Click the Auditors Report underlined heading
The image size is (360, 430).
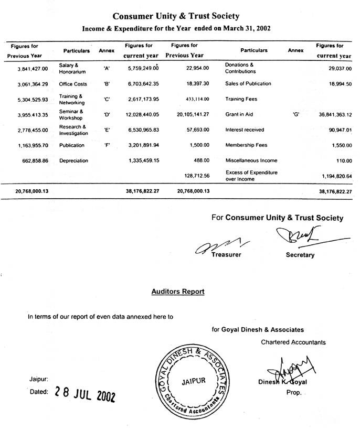(178, 291)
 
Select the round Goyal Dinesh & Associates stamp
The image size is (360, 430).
(192, 382)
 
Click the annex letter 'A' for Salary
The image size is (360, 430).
(107, 69)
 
